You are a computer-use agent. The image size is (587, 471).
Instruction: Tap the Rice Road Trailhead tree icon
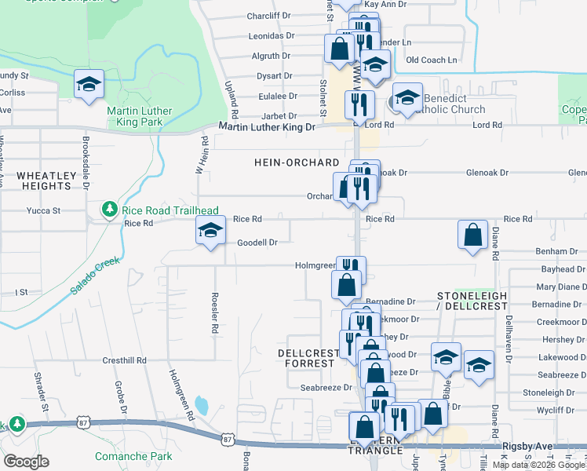[109, 209]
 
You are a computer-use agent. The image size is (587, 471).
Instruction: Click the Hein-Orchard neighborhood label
[297, 162]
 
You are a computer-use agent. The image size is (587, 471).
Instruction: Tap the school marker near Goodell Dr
[210, 230]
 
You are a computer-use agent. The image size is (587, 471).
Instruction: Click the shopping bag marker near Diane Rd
[472, 235]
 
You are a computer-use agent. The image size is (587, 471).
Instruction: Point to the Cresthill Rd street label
[124, 360]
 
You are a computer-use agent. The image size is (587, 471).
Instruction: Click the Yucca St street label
[44, 210]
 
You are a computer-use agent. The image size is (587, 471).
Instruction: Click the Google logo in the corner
[26, 461]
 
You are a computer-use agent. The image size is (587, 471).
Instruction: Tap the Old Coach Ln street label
[431, 60]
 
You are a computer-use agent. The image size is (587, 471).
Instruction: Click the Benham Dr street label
[557, 251]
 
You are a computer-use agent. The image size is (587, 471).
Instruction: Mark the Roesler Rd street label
[213, 314]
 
